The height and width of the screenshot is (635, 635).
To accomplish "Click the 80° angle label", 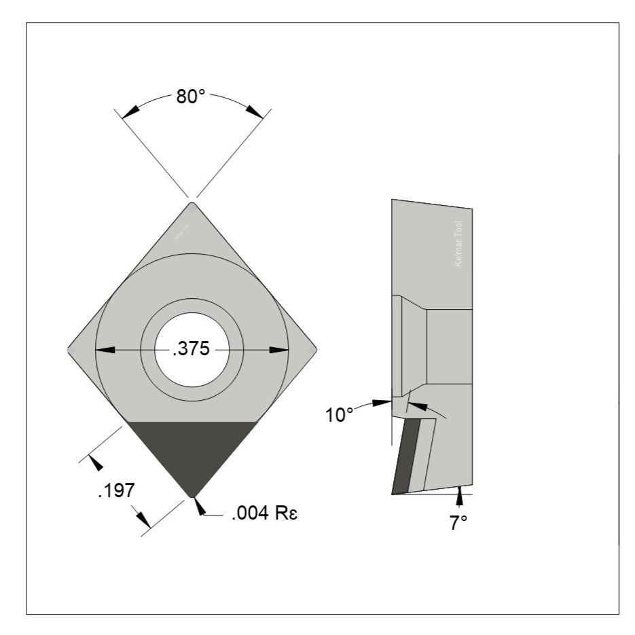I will tap(190, 96).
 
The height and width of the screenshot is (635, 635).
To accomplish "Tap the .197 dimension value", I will tap(115, 490).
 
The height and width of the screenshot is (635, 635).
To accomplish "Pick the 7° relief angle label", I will tap(459, 522).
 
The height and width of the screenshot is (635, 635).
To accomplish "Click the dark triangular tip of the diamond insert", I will tap(192, 452).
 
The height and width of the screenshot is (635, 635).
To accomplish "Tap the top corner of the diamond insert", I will tap(192, 205).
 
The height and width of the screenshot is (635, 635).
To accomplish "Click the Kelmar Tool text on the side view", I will tap(458, 243).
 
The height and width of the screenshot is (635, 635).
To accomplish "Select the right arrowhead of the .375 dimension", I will tap(279, 350).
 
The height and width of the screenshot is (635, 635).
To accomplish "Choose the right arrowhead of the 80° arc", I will tap(254, 110).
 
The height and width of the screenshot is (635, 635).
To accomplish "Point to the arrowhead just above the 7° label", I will tap(460, 497).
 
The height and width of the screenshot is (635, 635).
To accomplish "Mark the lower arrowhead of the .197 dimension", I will tap(143, 520).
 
